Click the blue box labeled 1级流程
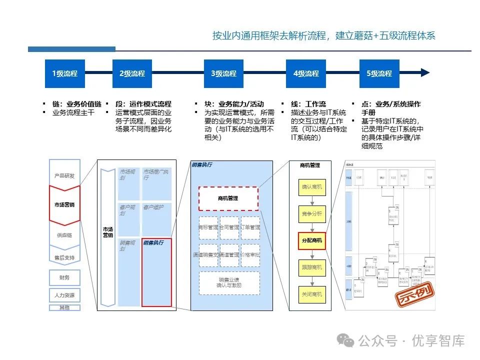65,73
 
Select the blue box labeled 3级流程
223,73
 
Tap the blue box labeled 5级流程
379,73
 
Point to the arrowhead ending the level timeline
425,73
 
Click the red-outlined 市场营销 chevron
64,205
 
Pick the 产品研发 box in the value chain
64,176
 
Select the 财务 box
64,277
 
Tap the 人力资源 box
64,295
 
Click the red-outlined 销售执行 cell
156,272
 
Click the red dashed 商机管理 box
228,198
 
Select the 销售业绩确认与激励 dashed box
229,282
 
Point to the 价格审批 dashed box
250,255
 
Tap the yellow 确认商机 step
312,187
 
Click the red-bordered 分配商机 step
312,240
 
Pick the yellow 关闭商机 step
312,294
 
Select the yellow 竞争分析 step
312,214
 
